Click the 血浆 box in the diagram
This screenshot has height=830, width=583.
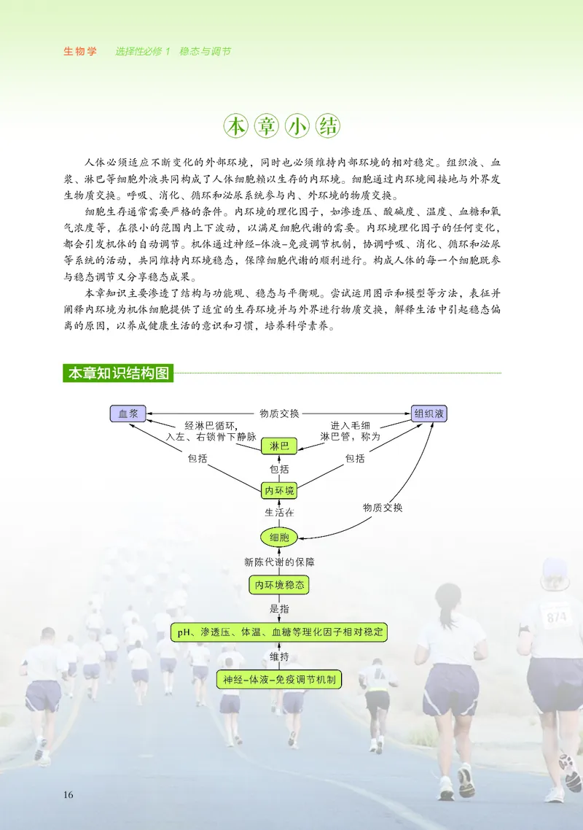point(128,414)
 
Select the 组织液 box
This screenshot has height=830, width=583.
point(429,414)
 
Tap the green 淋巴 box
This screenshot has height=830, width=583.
point(279,446)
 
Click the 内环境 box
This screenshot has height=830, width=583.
point(279,490)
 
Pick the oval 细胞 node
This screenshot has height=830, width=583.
point(279,538)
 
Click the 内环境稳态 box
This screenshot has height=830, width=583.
point(279,585)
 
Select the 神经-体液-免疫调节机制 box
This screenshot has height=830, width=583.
point(279,679)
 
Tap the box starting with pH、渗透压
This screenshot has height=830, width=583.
point(279,632)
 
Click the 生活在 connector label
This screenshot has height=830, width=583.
point(279,512)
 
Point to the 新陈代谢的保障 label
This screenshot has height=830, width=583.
point(279,562)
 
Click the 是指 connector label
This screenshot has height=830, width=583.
point(279,608)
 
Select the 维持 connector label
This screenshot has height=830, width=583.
point(279,656)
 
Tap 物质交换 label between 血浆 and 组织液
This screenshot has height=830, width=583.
point(279,414)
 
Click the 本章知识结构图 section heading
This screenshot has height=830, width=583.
point(118,374)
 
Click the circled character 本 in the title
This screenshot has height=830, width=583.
point(235,126)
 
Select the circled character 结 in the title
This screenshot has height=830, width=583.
point(326,126)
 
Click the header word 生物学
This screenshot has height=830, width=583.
point(80,53)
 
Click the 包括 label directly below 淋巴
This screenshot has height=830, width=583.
point(279,469)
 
